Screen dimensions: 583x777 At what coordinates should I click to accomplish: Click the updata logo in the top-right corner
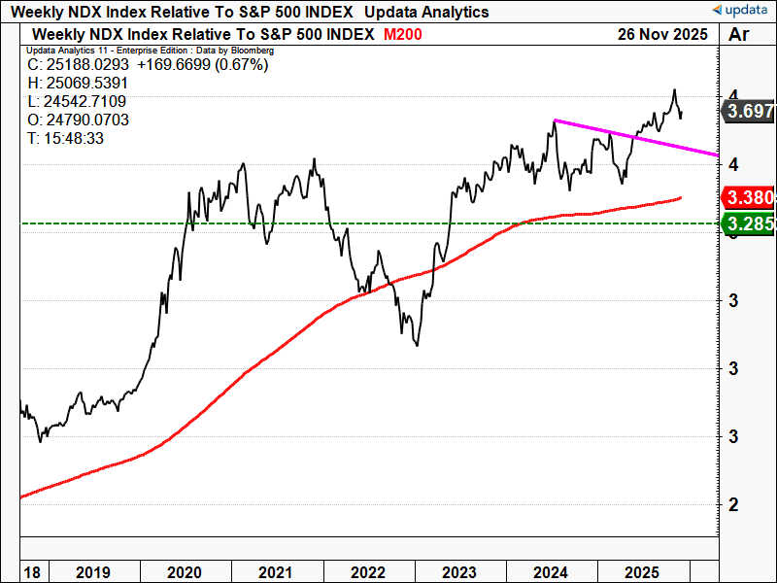(740, 10)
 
